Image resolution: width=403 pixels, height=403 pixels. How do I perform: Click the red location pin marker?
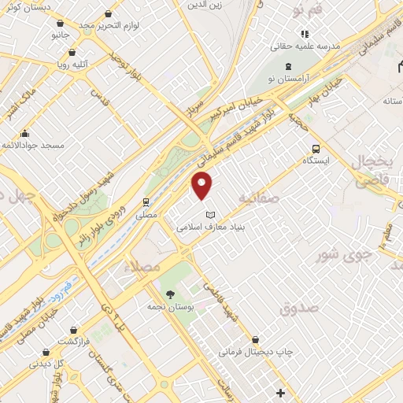203,185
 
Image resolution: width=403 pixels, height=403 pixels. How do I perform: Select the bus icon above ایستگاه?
316,147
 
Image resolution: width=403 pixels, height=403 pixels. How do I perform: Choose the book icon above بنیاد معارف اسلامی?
209,214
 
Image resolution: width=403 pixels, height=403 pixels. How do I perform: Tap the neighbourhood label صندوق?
298,308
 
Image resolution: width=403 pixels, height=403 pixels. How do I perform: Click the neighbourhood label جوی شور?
342,255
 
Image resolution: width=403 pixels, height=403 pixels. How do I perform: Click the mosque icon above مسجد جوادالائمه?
27,133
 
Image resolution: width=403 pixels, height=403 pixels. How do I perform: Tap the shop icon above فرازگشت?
72,331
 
